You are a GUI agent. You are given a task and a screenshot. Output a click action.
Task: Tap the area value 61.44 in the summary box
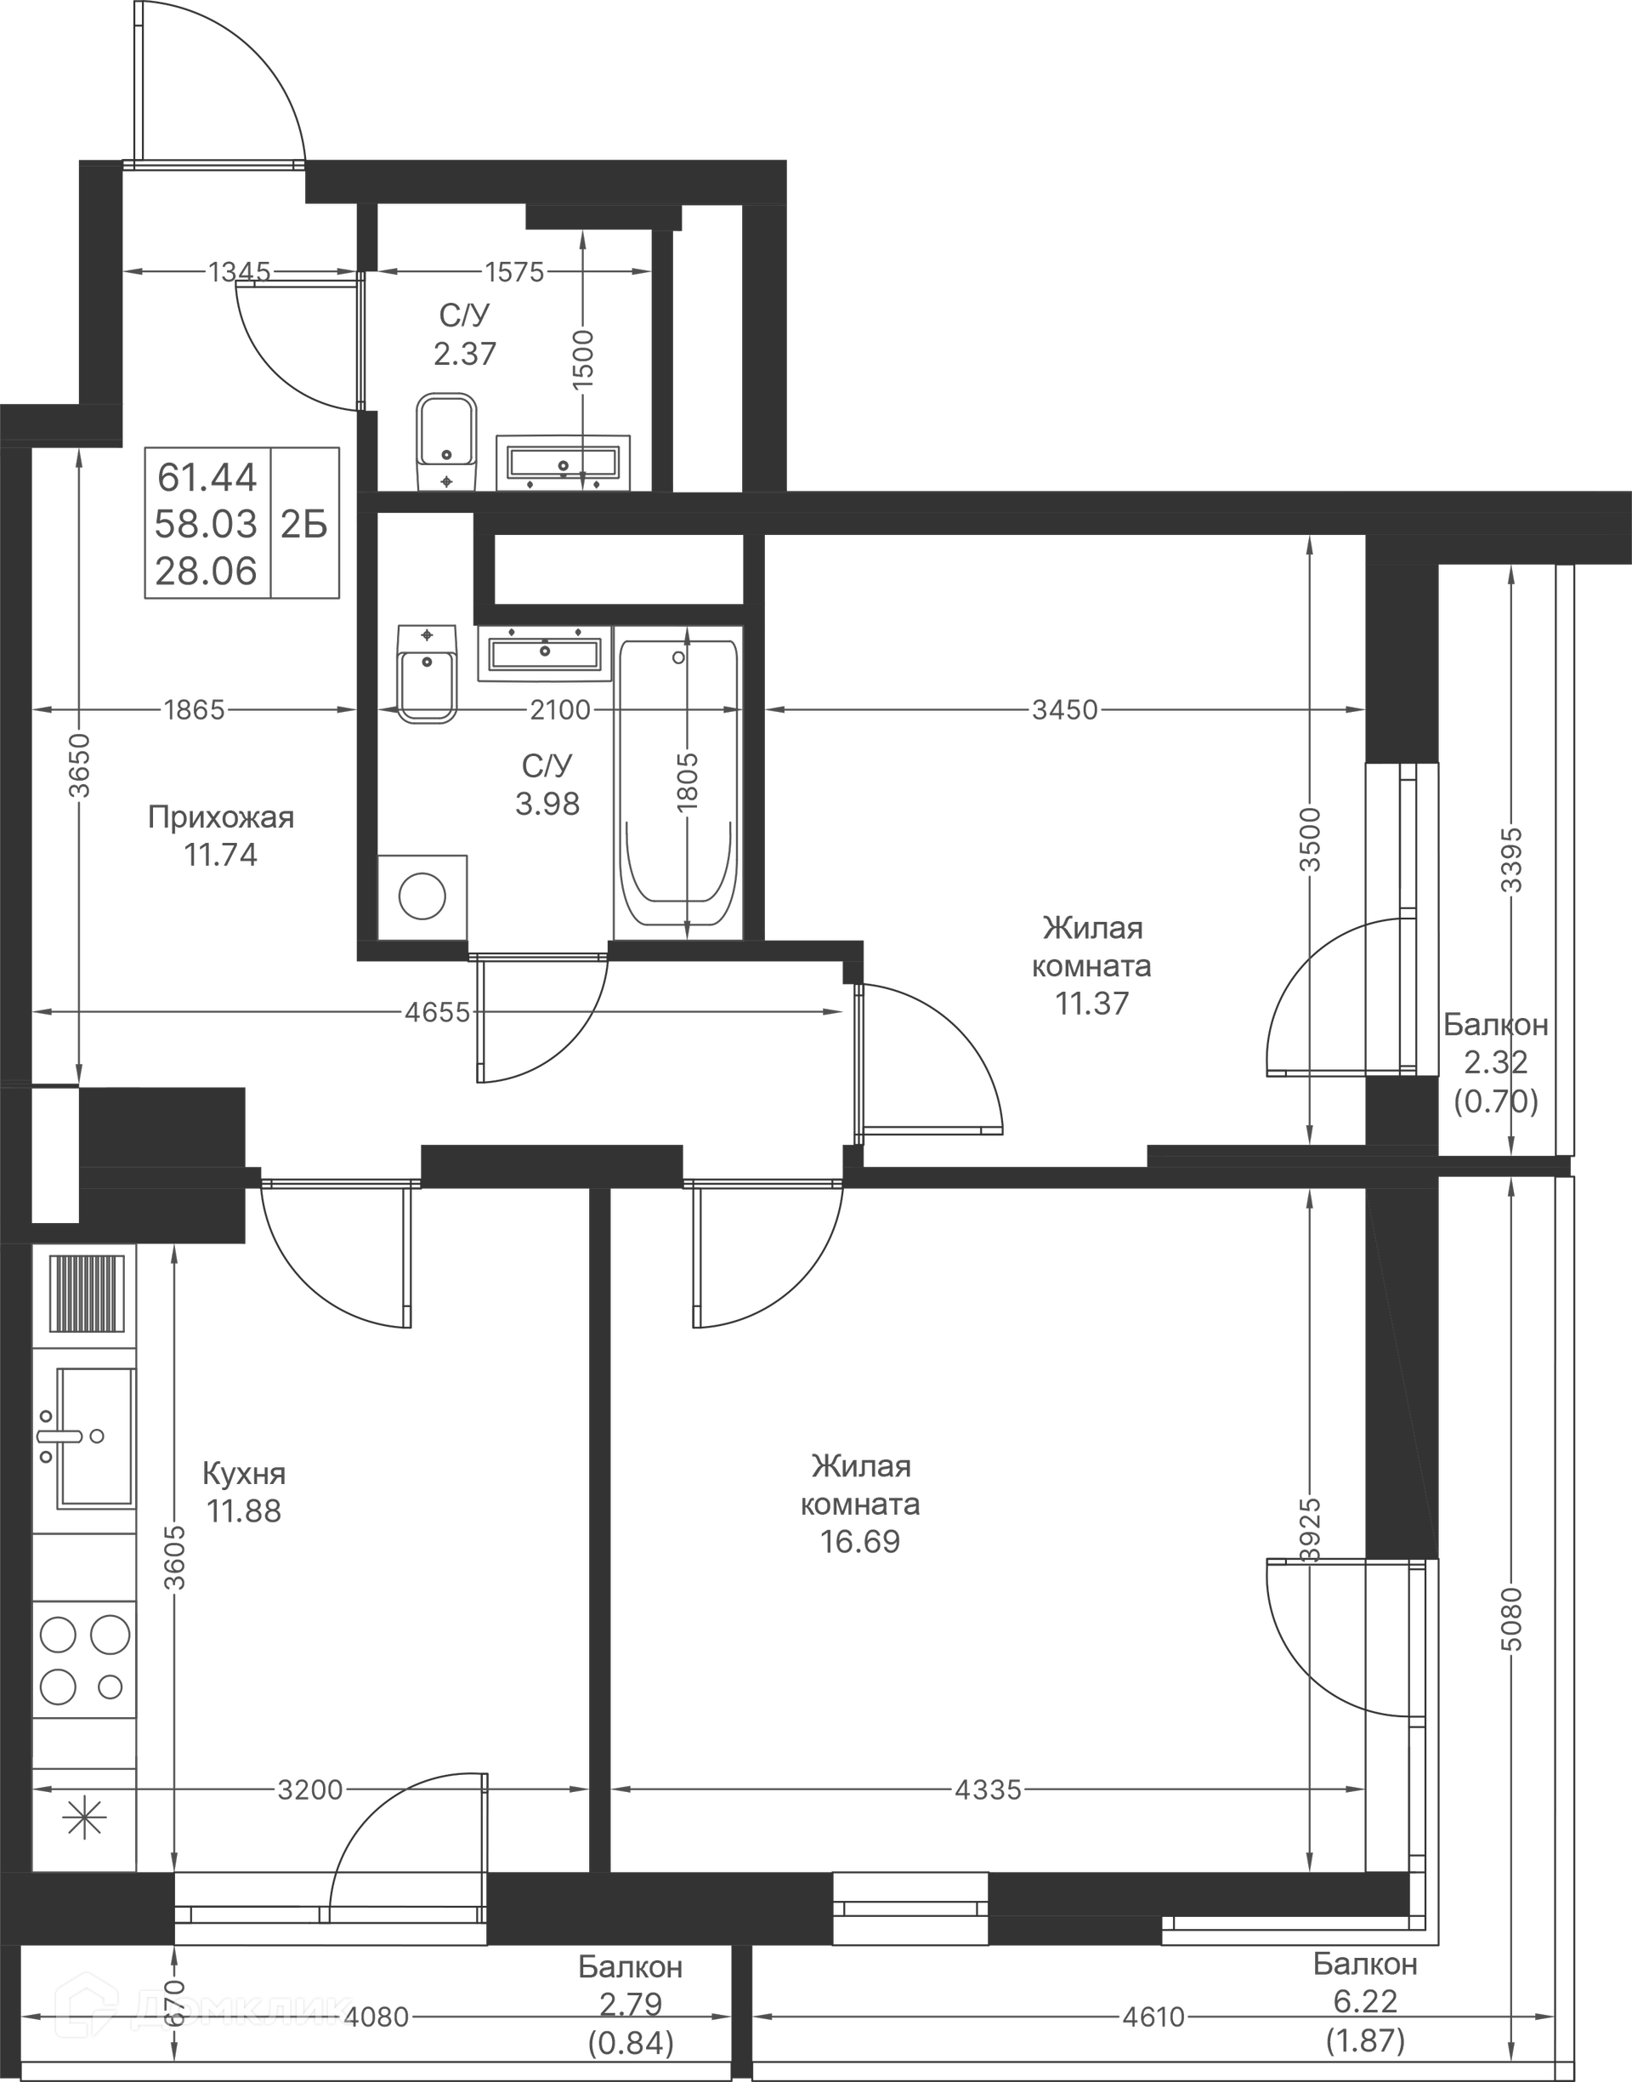[207, 476]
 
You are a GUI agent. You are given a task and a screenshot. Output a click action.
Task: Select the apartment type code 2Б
[303, 524]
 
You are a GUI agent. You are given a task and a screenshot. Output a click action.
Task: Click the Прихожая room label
[221, 817]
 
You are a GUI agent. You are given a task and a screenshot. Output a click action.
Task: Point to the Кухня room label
[244, 1473]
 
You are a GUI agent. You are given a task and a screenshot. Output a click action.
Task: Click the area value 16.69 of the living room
[860, 1542]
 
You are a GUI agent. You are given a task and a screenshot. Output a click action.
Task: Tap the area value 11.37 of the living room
[1091, 1003]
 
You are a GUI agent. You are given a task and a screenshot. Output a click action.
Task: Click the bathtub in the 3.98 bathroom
[678, 784]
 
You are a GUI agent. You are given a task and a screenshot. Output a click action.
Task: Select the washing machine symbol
[422, 897]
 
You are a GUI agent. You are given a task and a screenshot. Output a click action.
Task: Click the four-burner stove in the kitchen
[84, 1660]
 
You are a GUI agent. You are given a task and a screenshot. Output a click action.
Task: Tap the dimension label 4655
[437, 1012]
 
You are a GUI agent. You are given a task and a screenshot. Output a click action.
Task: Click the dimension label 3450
[1064, 709]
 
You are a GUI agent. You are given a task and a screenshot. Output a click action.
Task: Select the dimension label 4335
[988, 1789]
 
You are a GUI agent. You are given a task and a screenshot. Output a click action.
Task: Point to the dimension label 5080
[1510, 1618]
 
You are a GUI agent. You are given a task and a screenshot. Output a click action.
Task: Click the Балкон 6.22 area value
[1365, 2000]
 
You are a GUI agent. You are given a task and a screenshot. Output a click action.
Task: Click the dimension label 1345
[239, 272]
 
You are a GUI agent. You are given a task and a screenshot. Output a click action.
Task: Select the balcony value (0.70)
[1495, 1102]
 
